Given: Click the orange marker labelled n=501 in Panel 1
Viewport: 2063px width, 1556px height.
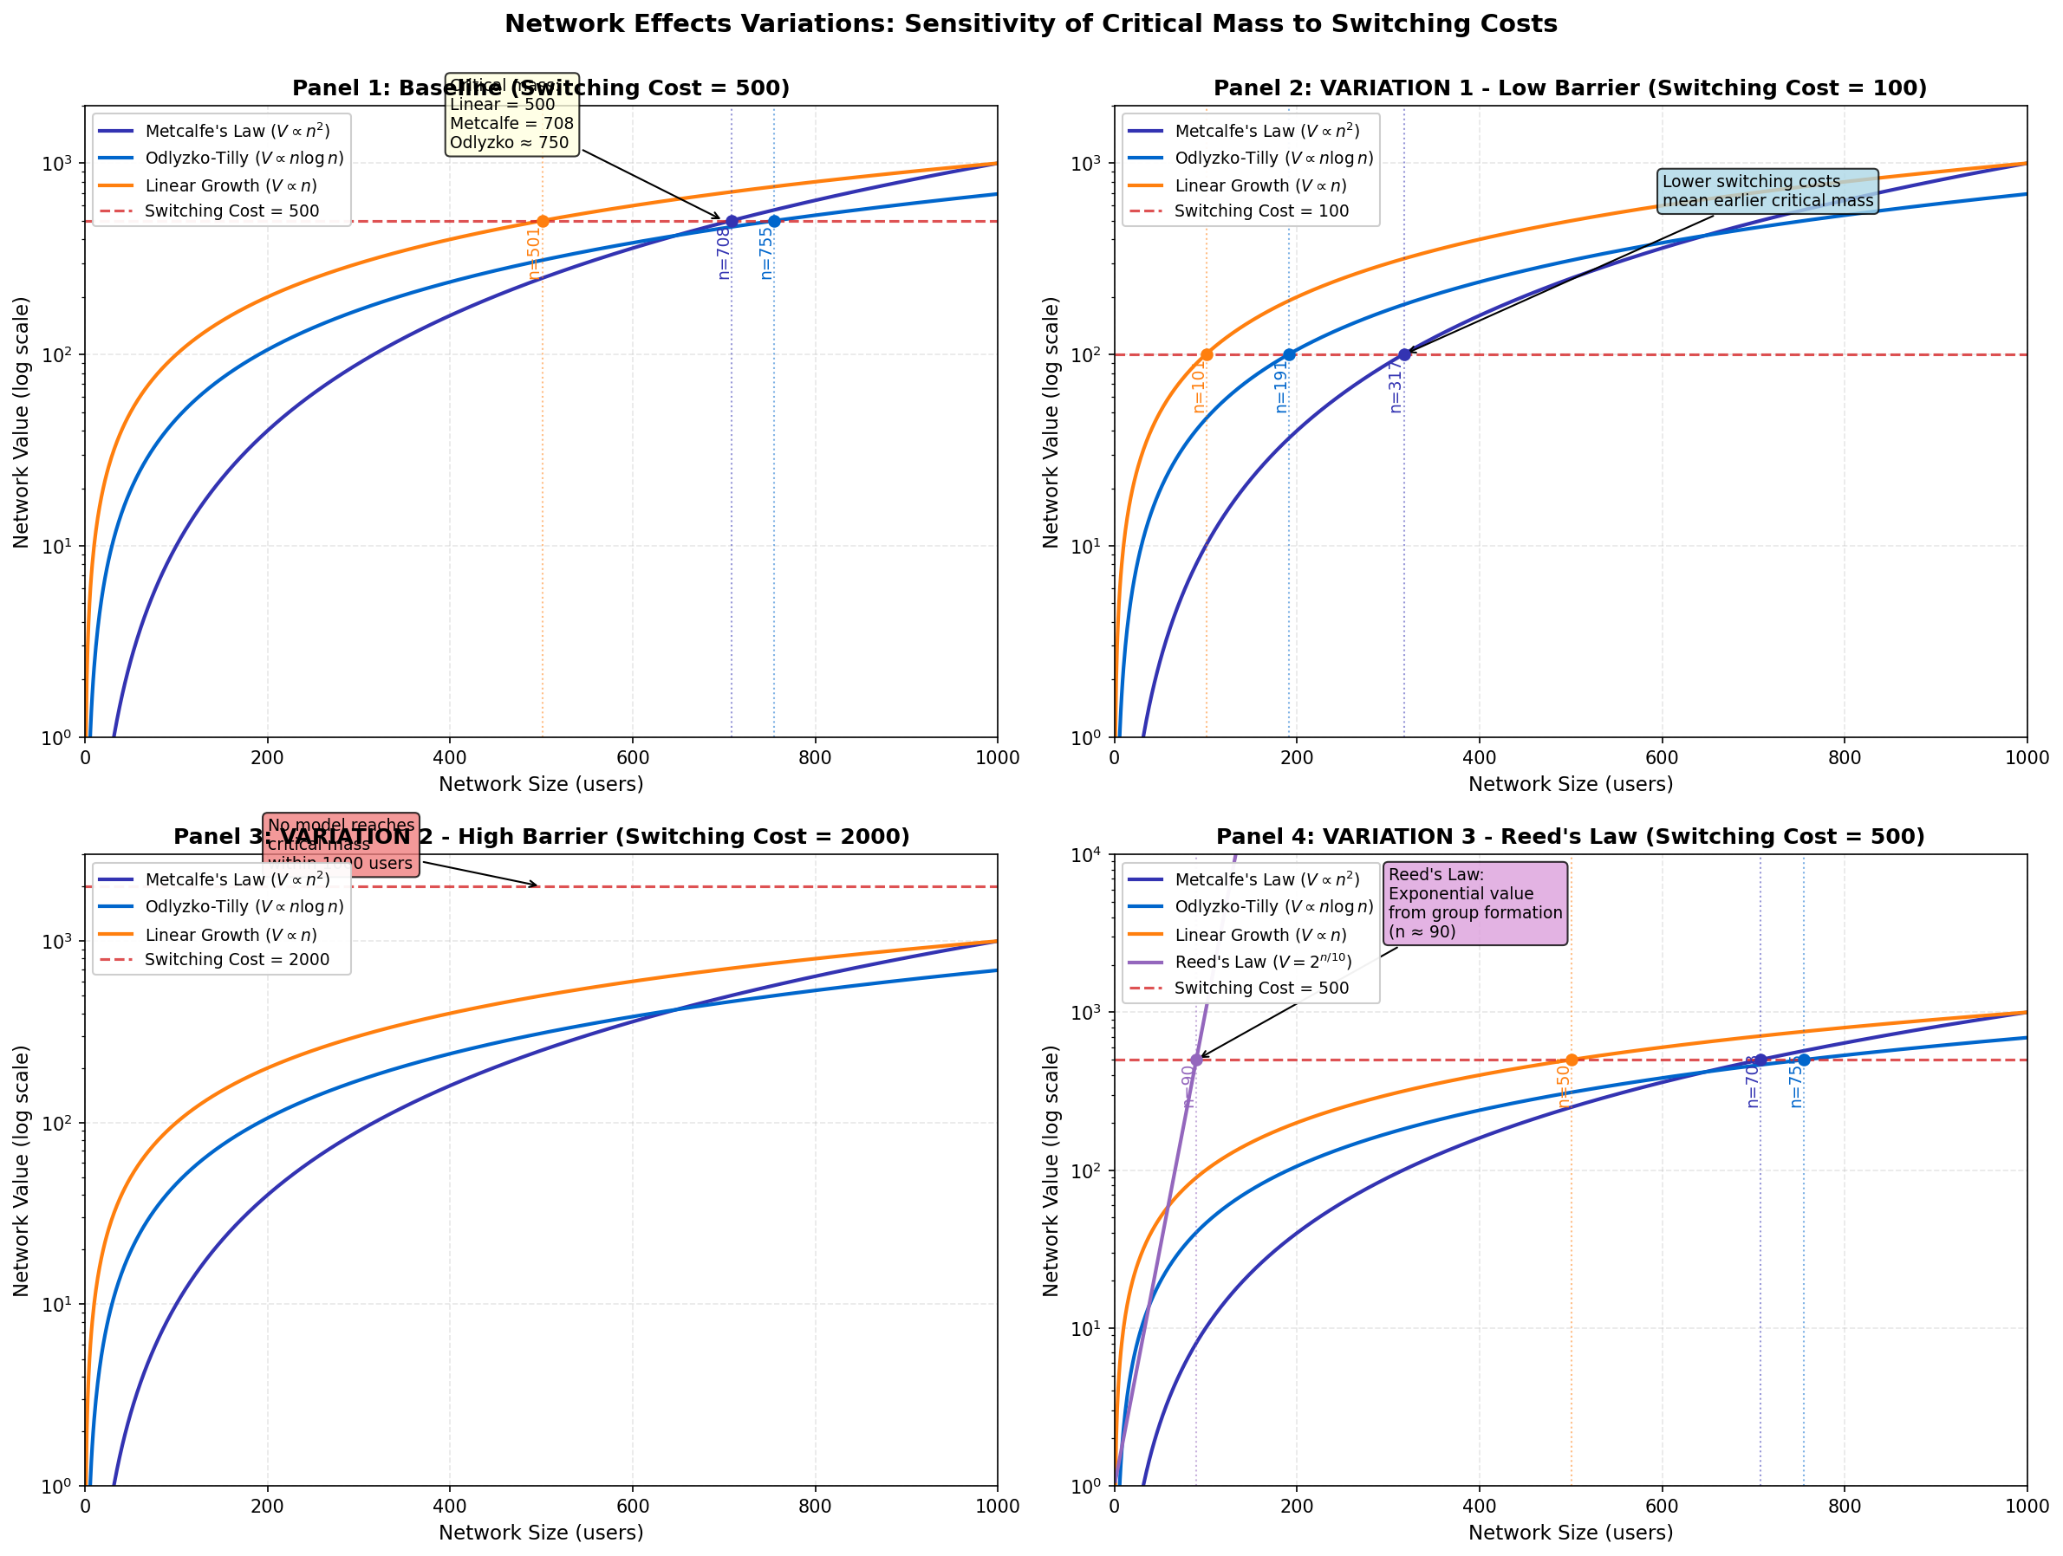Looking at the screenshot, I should pos(542,222).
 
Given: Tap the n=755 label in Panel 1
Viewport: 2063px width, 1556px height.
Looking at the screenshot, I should pos(765,252).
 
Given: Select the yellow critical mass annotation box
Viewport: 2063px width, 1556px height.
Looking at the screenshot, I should pos(511,114).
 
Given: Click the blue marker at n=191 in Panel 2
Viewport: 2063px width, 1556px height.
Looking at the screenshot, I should pos(1289,354).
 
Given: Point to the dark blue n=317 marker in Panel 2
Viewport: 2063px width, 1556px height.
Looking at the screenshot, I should pos(1403,354).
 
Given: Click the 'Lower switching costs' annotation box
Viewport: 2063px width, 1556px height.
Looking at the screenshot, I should pos(1767,191).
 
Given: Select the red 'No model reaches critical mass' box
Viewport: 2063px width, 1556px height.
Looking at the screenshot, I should pos(341,844).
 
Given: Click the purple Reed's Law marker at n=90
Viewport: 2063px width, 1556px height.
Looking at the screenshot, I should pos(1195,1060).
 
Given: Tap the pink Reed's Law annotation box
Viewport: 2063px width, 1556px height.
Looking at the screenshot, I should pos(1474,903).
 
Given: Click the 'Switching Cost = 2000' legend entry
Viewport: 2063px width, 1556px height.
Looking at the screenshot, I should pos(237,959).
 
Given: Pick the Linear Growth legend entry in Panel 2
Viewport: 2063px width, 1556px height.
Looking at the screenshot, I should pos(1260,185).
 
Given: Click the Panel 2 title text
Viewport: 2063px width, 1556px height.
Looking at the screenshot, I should pos(1570,88).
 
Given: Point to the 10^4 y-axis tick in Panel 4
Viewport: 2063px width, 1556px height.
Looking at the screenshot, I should pos(1086,855).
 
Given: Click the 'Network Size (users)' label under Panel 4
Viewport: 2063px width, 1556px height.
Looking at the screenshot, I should pos(1570,1533).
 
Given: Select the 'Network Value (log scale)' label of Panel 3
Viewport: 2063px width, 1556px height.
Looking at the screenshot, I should pos(22,1170).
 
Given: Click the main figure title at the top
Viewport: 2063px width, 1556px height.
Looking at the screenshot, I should pos(1031,24).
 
